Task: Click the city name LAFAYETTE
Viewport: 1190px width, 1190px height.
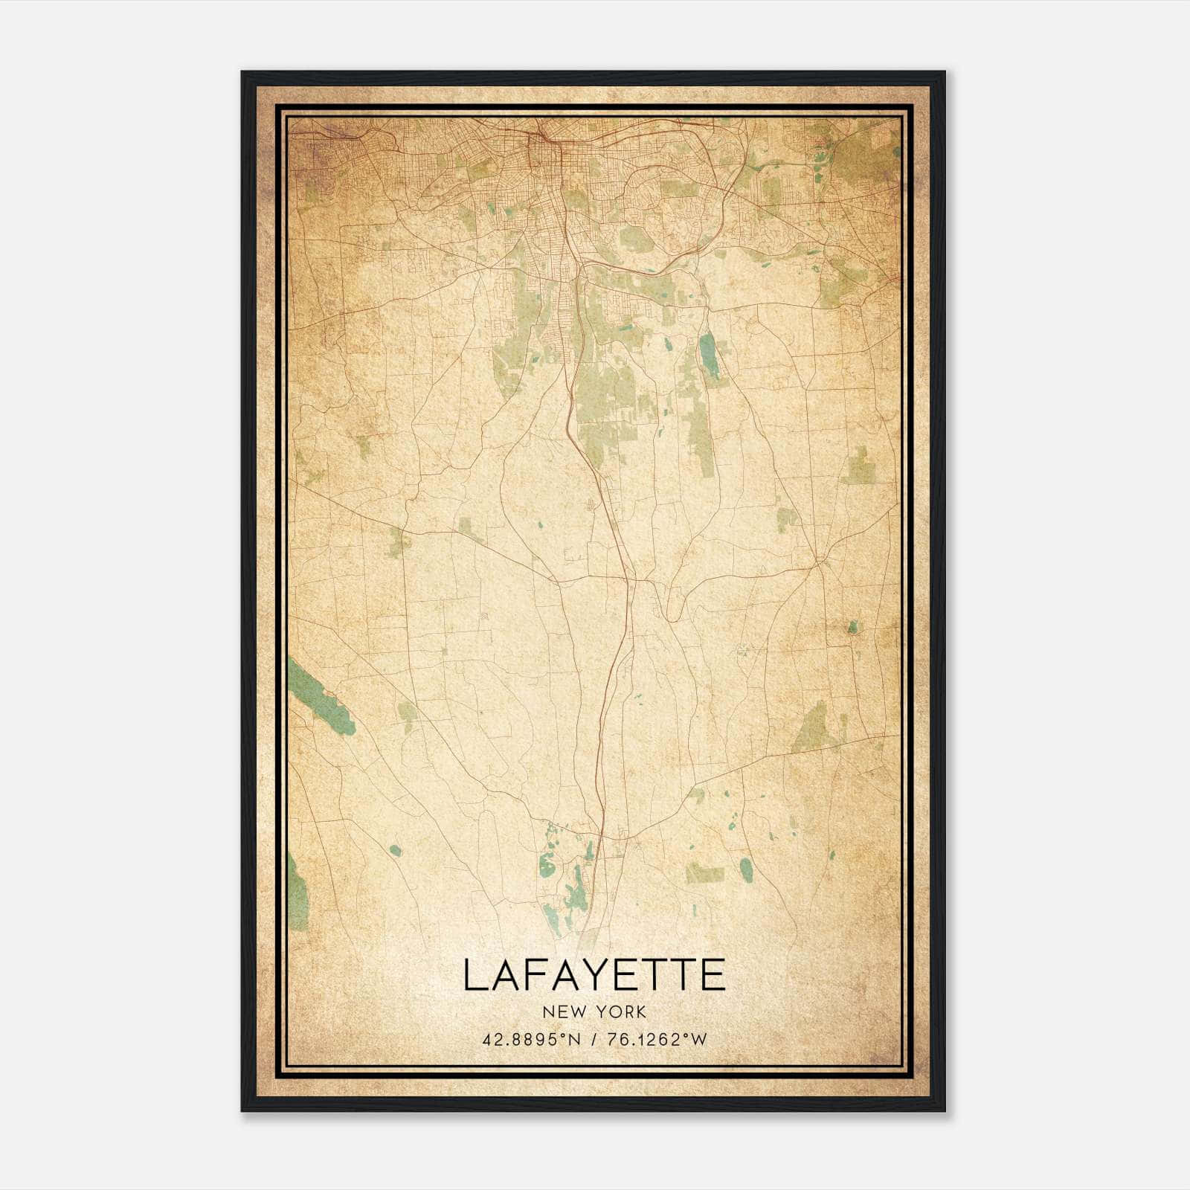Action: click(x=594, y=976)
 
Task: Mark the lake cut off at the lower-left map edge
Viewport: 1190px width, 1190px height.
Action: click(x=298, y=892)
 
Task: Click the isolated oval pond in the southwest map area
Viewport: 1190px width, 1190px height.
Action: click(x=395, y=850)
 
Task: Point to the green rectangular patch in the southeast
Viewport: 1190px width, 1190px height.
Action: click(x=704, y=872)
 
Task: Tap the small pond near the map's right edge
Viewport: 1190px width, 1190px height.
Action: click(x=853, y=627)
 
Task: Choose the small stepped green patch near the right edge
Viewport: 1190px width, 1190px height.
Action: click(x=861, y=467)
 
